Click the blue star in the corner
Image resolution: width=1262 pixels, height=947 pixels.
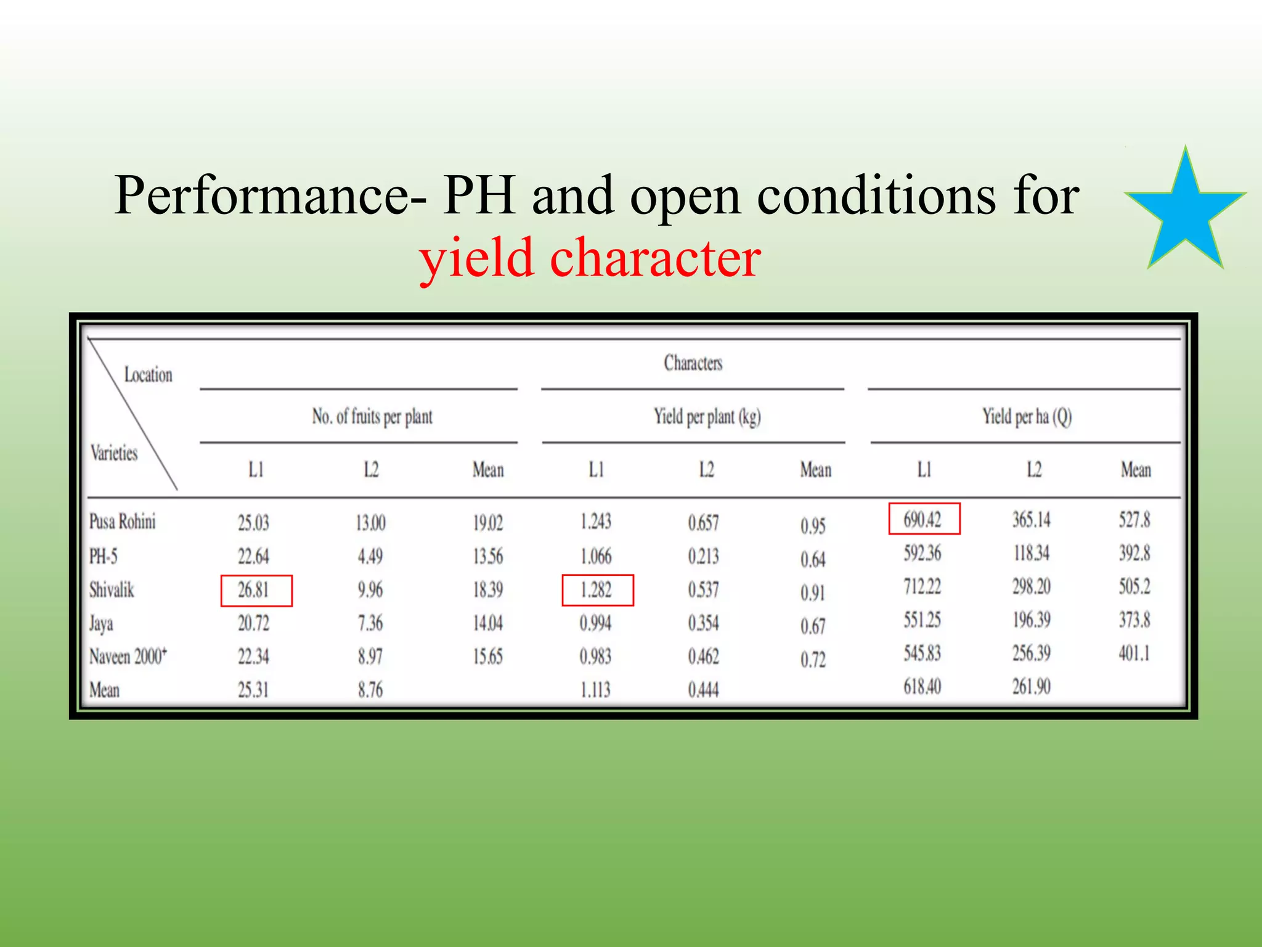point(1185,213)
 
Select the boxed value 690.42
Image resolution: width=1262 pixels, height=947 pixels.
point(923,519)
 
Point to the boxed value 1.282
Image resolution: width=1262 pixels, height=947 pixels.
point(596,590)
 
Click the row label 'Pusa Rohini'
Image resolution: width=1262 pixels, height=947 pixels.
point(123,522)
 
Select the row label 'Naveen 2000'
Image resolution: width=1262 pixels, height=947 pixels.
point(128,656)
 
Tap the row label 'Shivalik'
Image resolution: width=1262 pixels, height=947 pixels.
point(112,590)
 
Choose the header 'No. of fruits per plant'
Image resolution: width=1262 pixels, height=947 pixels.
point(372,417)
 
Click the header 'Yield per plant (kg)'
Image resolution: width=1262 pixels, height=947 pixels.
point(707,417)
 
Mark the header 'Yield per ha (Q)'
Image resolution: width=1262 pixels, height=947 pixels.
point(1027,417)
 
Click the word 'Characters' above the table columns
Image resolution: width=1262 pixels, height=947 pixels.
point(693,363)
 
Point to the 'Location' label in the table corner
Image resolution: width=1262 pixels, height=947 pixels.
point(149,375)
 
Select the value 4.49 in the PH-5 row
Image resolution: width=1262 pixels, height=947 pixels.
point(370,556)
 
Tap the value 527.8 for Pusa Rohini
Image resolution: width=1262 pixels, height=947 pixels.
point(1134,520)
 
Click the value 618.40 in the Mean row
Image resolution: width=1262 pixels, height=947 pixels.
point(922,686)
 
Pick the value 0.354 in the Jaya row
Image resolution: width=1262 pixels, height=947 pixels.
point(704,623)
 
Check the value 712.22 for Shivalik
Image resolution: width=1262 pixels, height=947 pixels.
point(922,586)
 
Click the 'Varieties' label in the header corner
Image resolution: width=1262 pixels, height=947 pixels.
point(114,453)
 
